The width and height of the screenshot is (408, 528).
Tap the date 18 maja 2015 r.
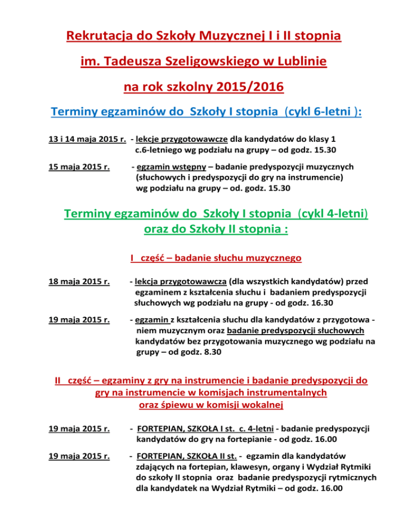pos(76,282)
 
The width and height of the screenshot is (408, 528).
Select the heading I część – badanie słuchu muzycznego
pos(216,259)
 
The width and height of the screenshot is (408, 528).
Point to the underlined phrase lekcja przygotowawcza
pos(182,282)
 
